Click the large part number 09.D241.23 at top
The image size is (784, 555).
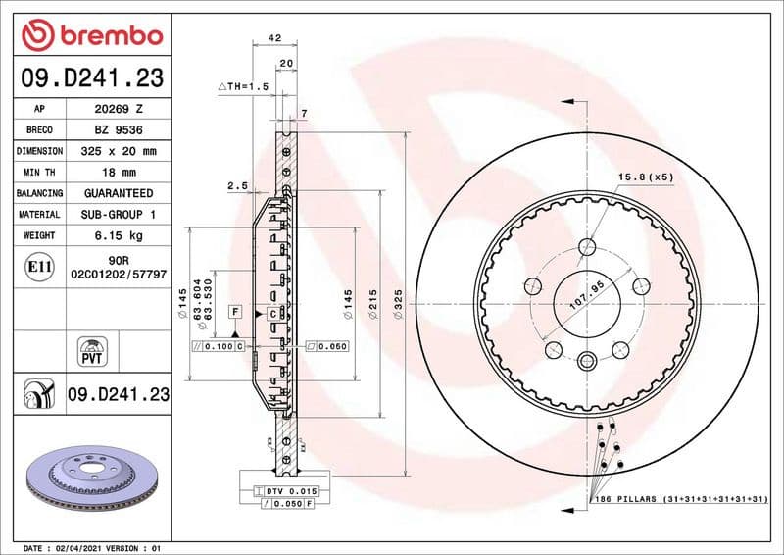90,76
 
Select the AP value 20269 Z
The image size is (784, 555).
118,109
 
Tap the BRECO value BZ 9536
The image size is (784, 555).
118,130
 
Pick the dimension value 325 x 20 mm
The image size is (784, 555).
118,152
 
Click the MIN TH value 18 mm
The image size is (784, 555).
118,173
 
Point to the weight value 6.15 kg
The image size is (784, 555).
118,235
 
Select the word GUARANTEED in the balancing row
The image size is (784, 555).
118,193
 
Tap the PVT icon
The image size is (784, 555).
90,352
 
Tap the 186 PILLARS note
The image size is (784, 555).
677,500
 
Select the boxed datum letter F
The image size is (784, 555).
234,311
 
